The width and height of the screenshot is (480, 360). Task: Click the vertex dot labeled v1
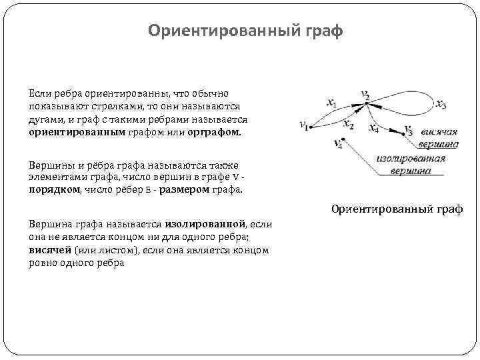click(308, 128)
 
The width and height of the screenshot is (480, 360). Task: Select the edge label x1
click(331, 103)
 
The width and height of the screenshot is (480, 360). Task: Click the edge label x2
click(348, 125)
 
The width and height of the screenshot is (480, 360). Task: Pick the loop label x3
click(441, 105)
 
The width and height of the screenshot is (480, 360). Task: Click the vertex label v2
click(365, 95)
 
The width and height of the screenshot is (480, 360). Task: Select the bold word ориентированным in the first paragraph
click(64, 132)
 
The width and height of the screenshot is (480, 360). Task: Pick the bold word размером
click(183, 189)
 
